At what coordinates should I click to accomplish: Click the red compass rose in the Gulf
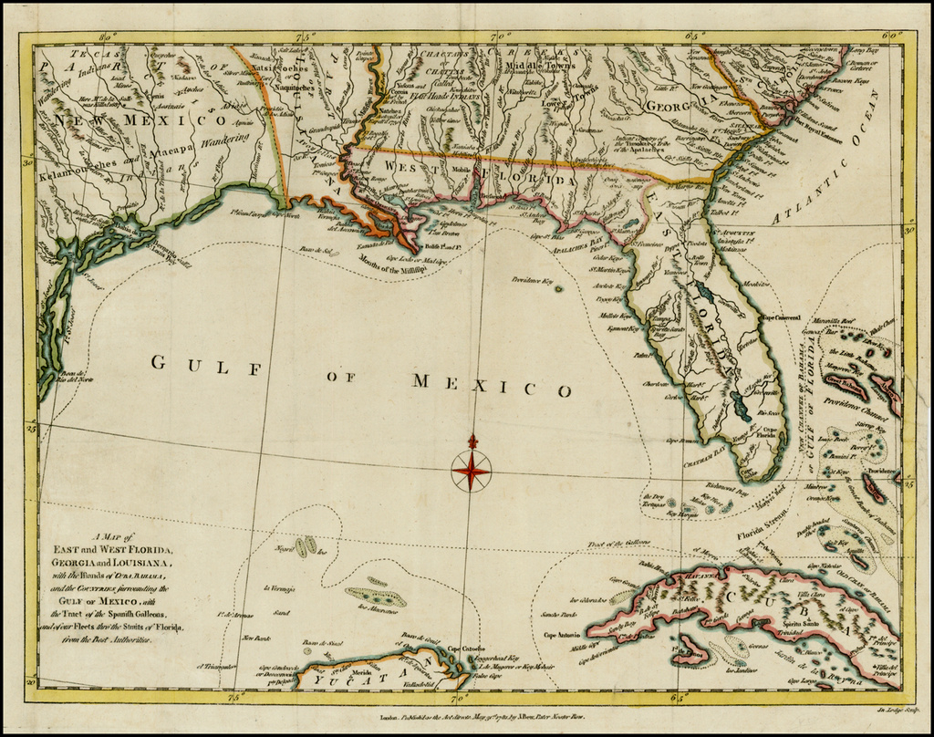(x=471, y=471)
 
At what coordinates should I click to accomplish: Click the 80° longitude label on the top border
(x=109, y=36)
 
